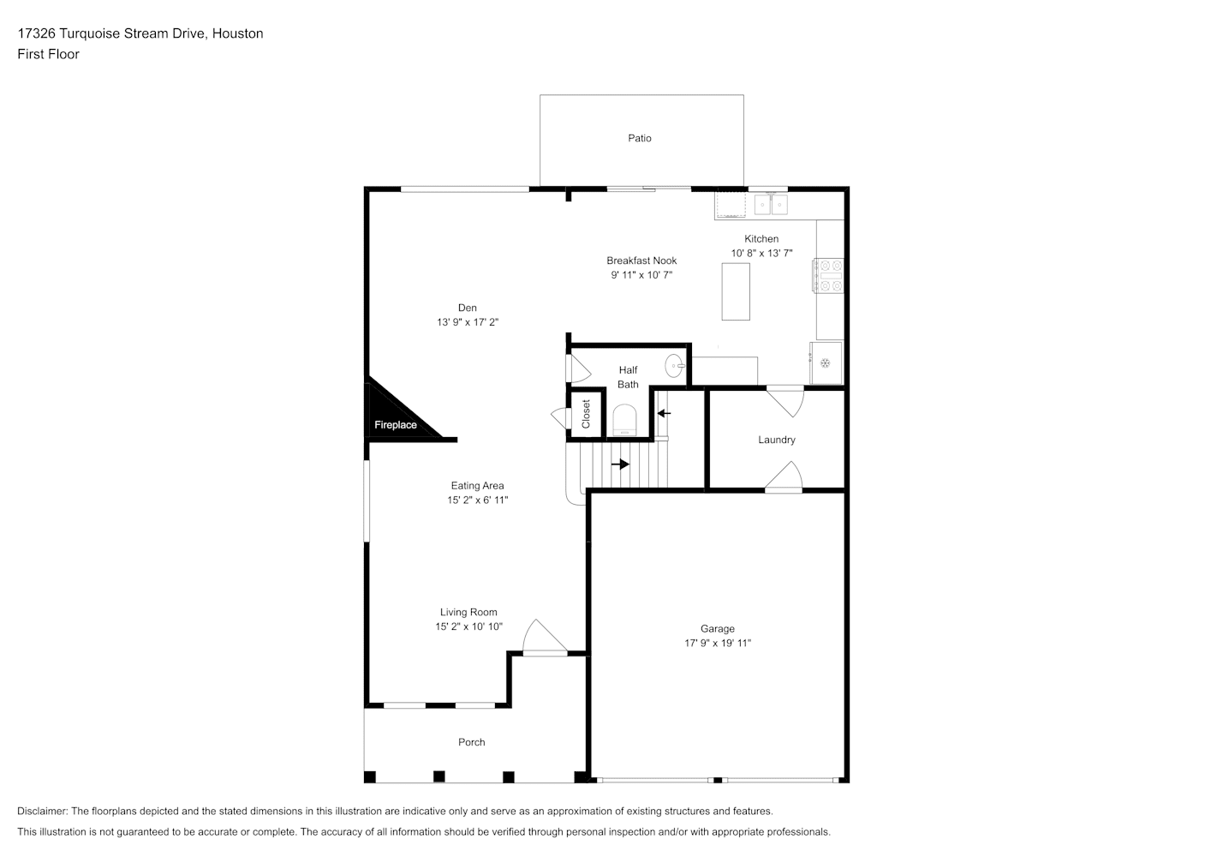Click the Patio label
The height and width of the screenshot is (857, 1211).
click(x=640, y=139)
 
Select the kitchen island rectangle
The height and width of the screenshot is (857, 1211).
click(x=736, y=291)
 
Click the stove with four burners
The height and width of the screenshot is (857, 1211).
click(x=828, y=276)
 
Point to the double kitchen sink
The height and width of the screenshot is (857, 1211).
click(x=771, y=205)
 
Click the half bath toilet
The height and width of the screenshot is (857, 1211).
click(x=624, y=420)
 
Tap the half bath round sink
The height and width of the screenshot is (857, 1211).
click(x=674, y=366)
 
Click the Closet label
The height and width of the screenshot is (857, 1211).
click(x=586, y=414)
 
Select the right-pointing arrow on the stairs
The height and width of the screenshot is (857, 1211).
click(x=621, y=464)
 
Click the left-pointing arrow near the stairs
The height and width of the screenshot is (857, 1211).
click(x=664, y=413)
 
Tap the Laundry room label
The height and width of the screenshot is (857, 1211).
click(x=776, y=440)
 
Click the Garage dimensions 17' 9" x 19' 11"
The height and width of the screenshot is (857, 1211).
click(x=718, y=644)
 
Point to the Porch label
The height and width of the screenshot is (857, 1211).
click(x=471, y=742)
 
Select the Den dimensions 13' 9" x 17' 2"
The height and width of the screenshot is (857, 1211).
click(x=468, y=322)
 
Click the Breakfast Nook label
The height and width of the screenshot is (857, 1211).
click(x=641, y=261)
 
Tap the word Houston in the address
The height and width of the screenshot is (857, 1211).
click(x=237, y=33)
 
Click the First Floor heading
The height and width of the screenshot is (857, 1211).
click(x=48, y=54)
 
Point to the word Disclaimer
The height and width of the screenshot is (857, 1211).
click(x=43, y=811)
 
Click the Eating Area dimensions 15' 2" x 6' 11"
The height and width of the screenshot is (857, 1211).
click(x=477, y=500)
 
